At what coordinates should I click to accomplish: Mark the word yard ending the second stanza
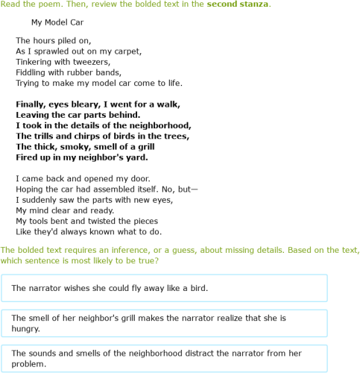click(136, 157)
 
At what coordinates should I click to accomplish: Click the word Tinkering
click(36, 62)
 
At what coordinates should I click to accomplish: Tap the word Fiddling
click(33, 72)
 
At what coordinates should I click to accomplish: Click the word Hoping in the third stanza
click(30, 189)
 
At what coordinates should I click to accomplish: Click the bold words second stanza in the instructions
click(238, 4)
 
